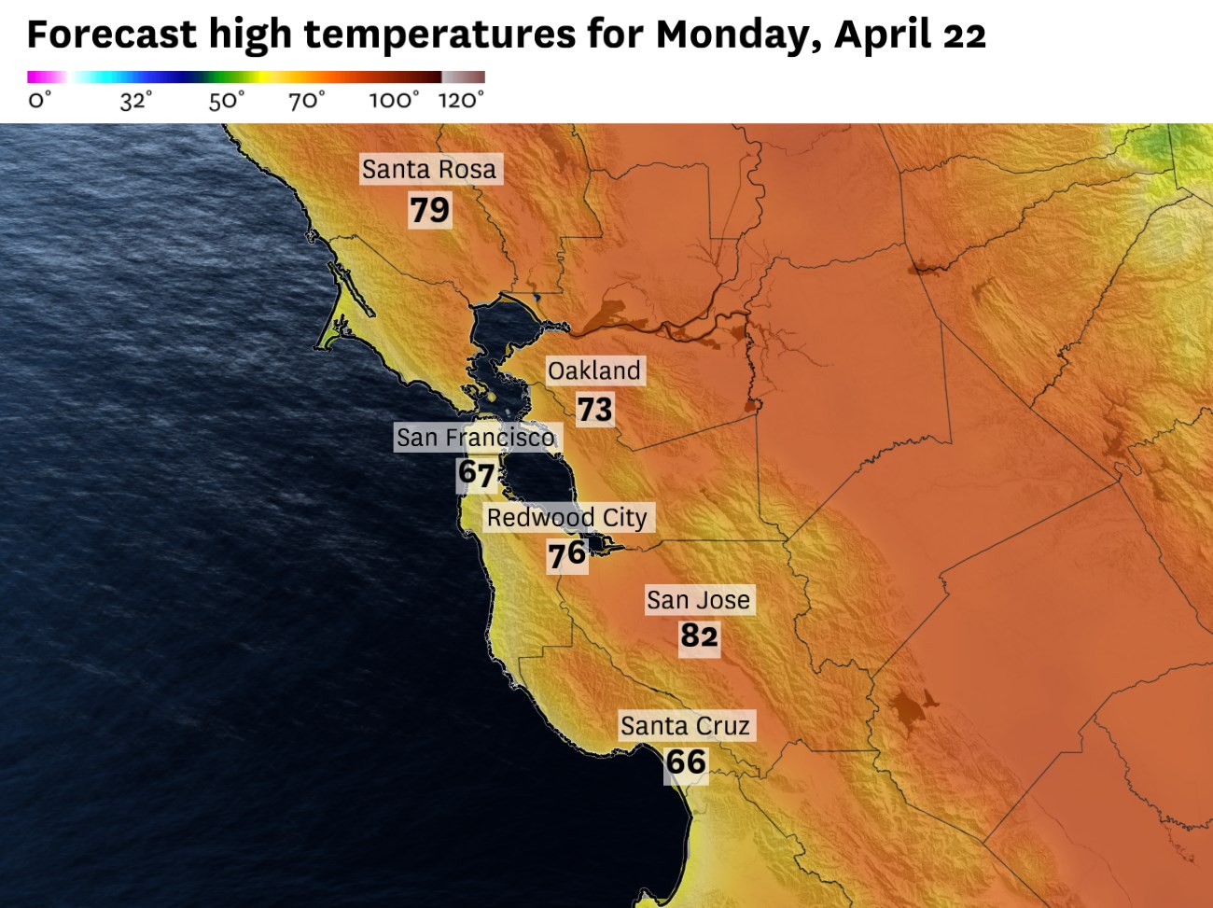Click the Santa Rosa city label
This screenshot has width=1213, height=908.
pyautogui.click(x=429, y=170)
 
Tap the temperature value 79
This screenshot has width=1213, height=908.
pyautogui.click(x=429, y=210)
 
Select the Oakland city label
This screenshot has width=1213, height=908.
pyautogui.click(x=593, y=371)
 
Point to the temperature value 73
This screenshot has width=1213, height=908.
pyautogui.click(x=594, y=409)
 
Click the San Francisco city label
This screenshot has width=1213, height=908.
pyautogui.click(x=475, y=438)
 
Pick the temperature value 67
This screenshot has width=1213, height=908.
pyautogui.click(x=476, y=474)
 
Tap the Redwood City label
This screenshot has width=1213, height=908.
pyautogui.click(x=566, y=518)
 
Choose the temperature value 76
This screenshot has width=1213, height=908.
pyautogui.click(x=566, y=555)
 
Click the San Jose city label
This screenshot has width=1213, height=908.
pyautogui.click(x=698, y=600)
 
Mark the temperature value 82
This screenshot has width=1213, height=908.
pyautogui.click(x=699, y=636)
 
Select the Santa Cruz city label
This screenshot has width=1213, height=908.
pyautogui.click(x=685, y=726)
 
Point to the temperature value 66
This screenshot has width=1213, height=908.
pyautogui.click(x=686, y=762)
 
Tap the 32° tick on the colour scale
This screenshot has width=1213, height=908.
pyautogui.click(x=135, y=100)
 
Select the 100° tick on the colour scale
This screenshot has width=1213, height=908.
pyautogui.click(x=394, y=100)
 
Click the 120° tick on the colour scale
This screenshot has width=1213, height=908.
pyautogui.click(x=461, y=100)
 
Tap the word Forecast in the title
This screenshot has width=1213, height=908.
pyautogui.click(x=111, y=35)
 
